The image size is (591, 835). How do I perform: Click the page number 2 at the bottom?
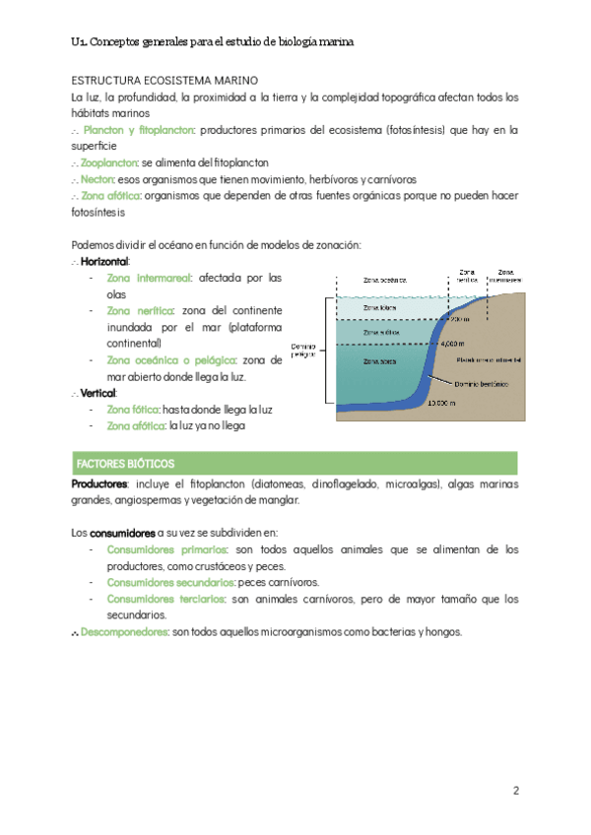pos(515,791)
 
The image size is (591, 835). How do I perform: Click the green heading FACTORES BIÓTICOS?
pos(125,463)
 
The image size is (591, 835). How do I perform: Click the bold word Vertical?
pos(98,393)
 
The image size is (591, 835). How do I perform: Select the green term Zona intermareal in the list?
pos(151,278)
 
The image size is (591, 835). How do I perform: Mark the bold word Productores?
pos(99,484)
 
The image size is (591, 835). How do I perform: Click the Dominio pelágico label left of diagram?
pos(304,350)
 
